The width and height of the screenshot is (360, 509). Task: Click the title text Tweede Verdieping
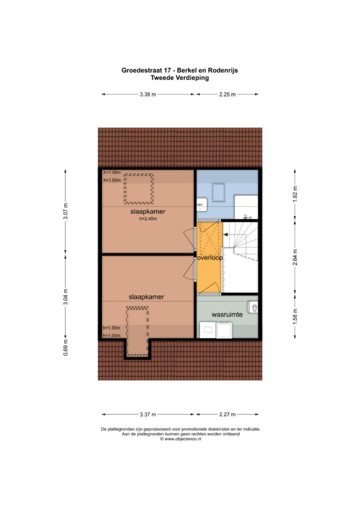tap(180, 78)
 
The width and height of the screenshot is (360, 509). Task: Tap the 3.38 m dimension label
tap(148, 94)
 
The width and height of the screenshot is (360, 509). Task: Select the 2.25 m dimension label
tap(227, 94)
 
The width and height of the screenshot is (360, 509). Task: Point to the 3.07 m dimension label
tap(66, 211)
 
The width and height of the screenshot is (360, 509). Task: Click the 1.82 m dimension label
tap(295, 194)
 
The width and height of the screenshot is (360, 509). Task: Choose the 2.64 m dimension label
tap(295, 257)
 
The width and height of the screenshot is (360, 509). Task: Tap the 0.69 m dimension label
tap(66, 347)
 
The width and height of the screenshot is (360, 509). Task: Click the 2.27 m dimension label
tap(227, 414)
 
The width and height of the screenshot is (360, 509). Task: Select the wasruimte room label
tap(227, 315)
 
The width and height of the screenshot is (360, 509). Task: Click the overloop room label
tap(210, 258)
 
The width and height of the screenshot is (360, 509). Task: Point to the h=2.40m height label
tap(148, 219)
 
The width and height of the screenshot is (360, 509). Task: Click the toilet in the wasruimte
tap(254, 307)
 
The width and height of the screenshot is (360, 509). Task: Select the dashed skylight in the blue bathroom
tap(218, 193)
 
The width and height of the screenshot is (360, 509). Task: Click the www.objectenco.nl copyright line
tap(180, 439)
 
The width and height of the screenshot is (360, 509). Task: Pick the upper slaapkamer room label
tap(148, 211)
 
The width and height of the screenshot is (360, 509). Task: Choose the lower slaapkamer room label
tap(146, 297)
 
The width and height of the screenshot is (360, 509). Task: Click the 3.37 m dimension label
tap(148, 414)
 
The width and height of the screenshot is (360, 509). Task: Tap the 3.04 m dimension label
tap(66, 297)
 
